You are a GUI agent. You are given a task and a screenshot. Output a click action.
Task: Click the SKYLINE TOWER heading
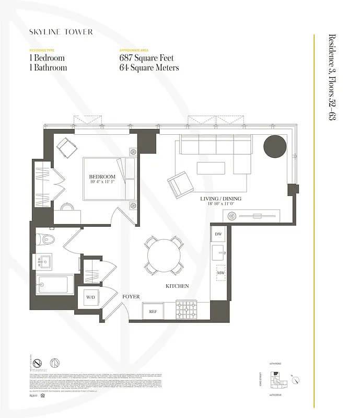(x=61, y=32)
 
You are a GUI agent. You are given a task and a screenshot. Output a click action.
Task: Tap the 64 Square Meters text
(x=149, y=67)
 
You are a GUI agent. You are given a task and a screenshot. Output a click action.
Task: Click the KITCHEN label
(x=177, y=286)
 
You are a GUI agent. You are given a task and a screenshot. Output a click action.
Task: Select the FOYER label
(x=131, y=296)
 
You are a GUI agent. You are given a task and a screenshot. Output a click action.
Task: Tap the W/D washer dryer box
(x=91, y=297)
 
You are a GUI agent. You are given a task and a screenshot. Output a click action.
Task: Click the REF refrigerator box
(x=153, y=311)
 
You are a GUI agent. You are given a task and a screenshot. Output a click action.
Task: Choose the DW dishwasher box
(x=218, y=235)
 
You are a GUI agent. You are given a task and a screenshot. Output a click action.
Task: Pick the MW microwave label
(x=220, y=273)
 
